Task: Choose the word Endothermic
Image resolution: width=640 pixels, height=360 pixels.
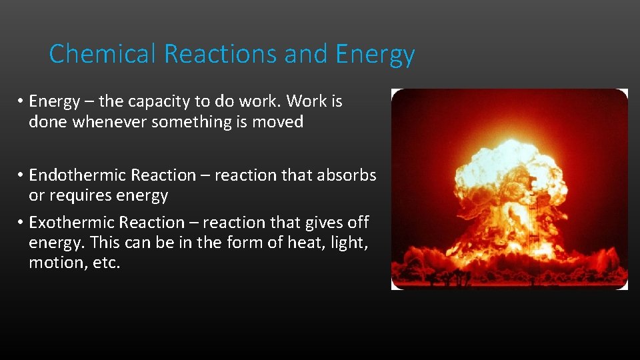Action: pyautogui.click(x=78, y=175)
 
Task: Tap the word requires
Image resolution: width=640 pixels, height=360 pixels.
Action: pyautogui.click(x=80, y=196)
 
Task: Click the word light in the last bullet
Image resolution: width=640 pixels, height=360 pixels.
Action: pyautogui.click(x=348, y=243)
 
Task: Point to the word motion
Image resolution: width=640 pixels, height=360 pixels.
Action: pyautogui.click(x=55, y=263)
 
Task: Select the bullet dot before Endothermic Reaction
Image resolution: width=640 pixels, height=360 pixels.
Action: pyautogui.click(x=21, y=175)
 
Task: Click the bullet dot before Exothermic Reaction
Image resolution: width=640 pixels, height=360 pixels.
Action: pyautogui.click(x=21, y=222)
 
